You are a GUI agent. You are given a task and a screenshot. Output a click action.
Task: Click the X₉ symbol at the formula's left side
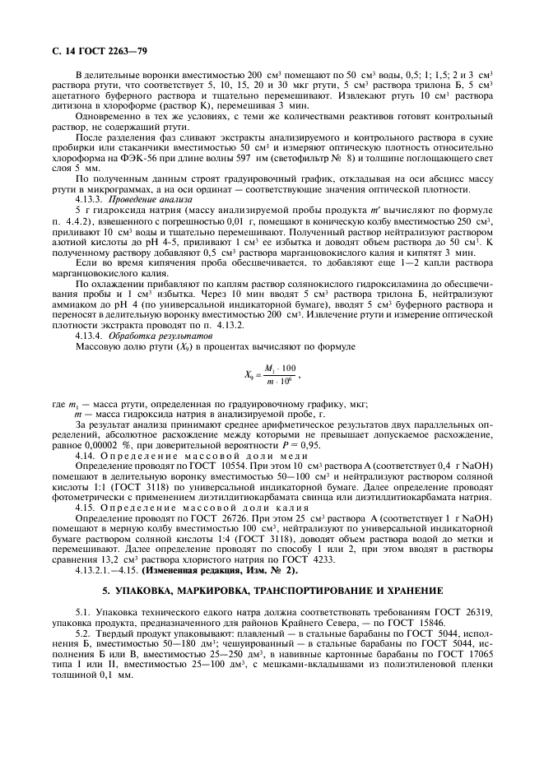[x=250, y=375]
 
